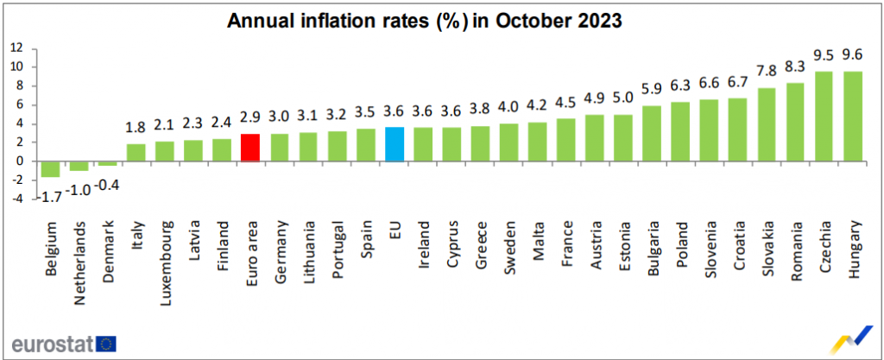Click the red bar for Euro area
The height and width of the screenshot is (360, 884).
point(249,147)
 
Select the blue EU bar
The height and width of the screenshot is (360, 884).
point(395,143)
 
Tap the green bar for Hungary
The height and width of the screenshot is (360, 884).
point(854,116)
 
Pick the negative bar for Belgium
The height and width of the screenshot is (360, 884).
point(49,168)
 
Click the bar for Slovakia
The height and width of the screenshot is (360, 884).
point(767,123)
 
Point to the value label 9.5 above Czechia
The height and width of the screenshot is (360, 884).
point(824,57)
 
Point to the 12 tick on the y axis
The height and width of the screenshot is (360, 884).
point(16,48)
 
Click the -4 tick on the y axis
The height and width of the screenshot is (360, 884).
point(16,199)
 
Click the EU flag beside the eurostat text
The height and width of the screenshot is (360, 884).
point(107,344)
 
